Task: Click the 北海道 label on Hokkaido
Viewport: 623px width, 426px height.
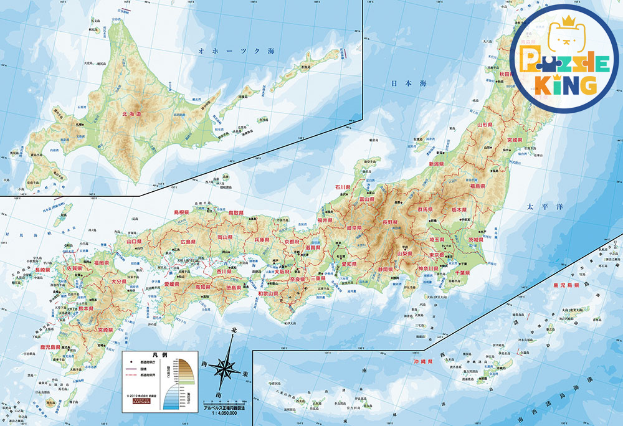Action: (131, 114)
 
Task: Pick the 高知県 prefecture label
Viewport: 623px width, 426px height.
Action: (204, 287)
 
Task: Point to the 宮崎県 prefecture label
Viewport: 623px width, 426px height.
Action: (105, 329)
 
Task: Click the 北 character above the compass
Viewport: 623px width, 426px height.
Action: (234, 329)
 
